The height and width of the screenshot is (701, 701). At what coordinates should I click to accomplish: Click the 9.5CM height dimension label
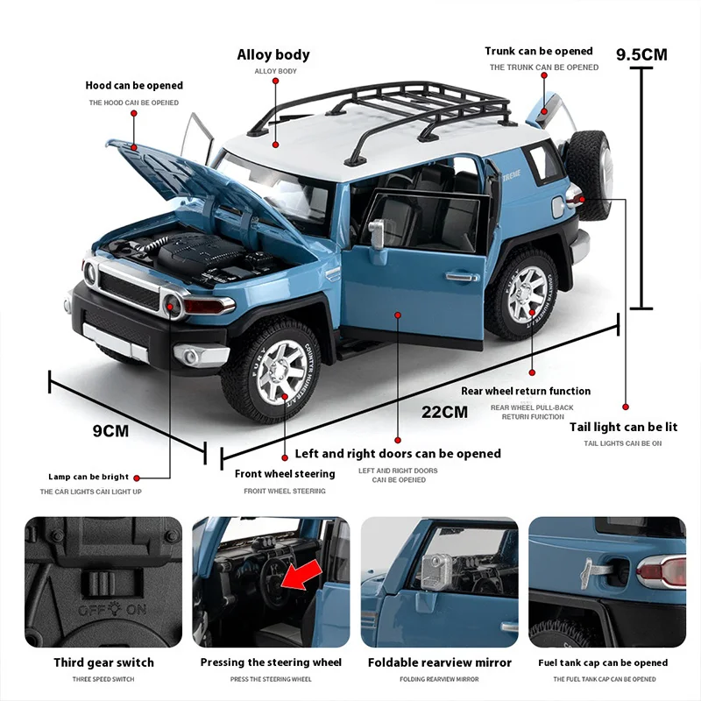point(641,54)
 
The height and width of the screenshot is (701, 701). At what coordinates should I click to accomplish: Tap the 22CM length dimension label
point(444,412)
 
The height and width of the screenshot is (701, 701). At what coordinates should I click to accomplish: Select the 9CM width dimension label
point(110,430)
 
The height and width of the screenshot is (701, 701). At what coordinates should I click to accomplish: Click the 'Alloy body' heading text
point(273,54)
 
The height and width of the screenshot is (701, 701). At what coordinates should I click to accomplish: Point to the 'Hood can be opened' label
point(134,86)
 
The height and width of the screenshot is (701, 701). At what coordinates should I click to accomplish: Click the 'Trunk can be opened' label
point(539,52)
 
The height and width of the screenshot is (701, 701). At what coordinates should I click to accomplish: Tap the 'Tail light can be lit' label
point(623,427)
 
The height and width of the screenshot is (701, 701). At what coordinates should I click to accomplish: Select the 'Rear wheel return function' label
point(526,391)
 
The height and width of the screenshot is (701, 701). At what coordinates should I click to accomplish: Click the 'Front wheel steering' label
point(285,474)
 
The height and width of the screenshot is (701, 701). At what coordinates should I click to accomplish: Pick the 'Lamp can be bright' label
point(89,477)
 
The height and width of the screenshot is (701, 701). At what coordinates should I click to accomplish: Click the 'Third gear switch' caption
point(103,662)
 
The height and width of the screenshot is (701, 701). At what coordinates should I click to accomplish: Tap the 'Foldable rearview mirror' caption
point(439,662)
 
